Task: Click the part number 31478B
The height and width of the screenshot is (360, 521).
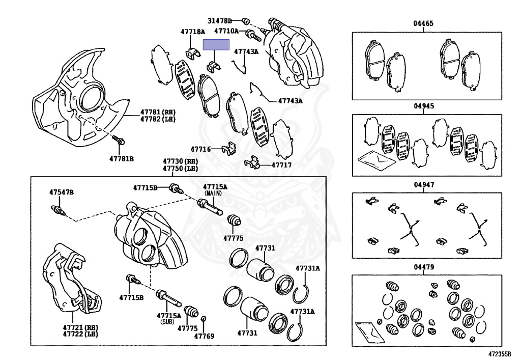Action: tap(219, 21)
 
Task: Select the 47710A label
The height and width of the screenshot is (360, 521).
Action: tap(226, 32)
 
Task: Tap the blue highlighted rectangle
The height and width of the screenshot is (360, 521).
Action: tap(216, 45)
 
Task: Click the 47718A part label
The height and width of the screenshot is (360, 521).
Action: tap(192, 32)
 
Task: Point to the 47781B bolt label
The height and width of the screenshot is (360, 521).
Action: tap(121, 159)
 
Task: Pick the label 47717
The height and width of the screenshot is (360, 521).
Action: tap(281, 165)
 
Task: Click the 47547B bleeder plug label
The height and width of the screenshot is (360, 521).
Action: tap(62, 192)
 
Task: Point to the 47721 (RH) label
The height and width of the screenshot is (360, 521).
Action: tap(80, 327)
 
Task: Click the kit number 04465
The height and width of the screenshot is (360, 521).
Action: tap(423, 23)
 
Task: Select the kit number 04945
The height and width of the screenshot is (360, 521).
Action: tap(423, 107)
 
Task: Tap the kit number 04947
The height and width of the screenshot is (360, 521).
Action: tap(423, 185)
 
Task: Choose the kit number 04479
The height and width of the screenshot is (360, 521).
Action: tap(423, 267)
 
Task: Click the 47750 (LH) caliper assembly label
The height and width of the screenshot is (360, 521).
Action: tap(181, 169)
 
